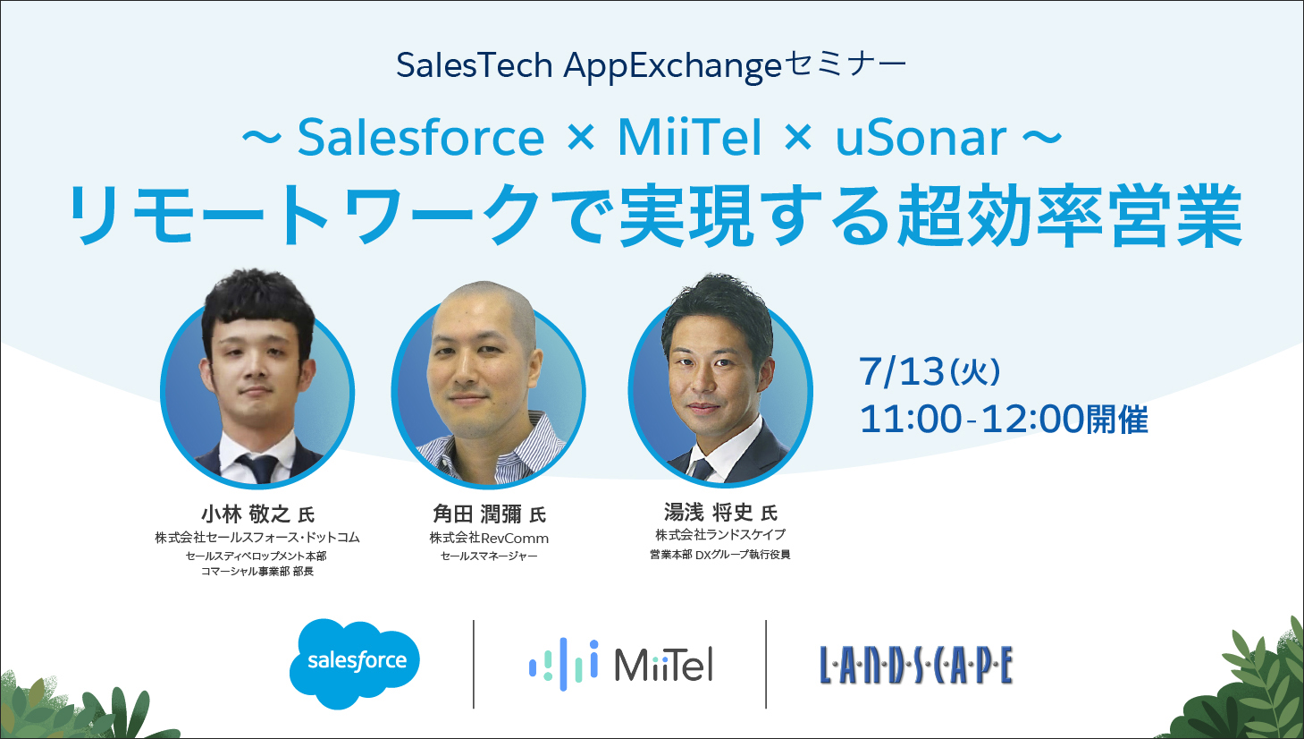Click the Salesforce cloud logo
355,664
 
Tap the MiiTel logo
620,665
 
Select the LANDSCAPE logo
916,665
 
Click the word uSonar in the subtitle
921,138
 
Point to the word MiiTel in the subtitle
690,138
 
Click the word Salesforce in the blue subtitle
421,138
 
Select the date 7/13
902,371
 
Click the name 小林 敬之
245,514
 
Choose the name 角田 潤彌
476,514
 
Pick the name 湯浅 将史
709,513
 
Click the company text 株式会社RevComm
489,538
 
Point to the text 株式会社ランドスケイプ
720,534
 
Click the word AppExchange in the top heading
672,65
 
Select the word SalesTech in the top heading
475,64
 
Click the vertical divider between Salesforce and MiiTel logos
474,665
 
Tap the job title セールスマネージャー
489,556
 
